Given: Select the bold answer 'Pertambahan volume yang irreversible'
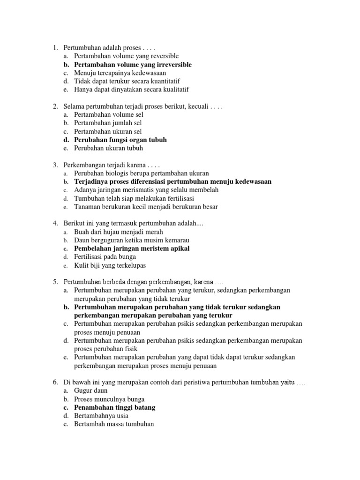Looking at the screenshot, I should (x=133, y=65).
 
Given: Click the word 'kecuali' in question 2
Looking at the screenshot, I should (x=198, y=106).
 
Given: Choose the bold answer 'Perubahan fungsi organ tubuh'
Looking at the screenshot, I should (x=120, y=140).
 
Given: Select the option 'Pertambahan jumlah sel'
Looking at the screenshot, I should (x=108, y=123).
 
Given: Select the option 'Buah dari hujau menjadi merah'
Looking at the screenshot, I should (x=118, y=232).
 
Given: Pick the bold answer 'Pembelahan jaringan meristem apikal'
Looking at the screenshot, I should (x=132, y=248).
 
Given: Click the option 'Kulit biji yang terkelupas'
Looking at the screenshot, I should (x=110, y=265).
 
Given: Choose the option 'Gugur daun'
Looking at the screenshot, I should (x=90, y=390).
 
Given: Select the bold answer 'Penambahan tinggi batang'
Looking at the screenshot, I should (x=114, y=407).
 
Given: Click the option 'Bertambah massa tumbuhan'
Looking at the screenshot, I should (x=114, y=424).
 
